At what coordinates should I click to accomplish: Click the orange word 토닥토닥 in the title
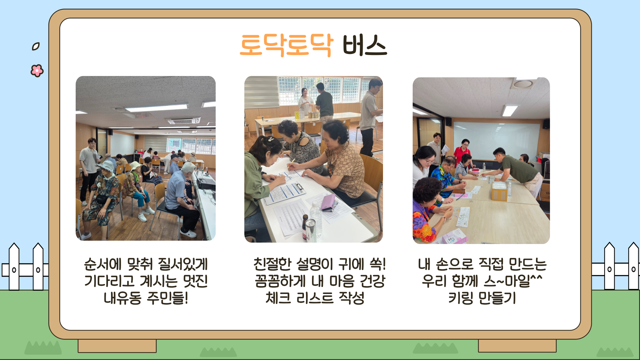[x=286, y=45]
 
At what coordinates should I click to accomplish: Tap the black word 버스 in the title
[x=365, y=45]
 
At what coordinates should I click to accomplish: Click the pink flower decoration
[x=37, y=70]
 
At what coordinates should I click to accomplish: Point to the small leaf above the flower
[x=36, y=46]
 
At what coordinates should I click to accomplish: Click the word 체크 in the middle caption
[x=278, y=298]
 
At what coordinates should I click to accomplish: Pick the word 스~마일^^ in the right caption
[x=513, y=281]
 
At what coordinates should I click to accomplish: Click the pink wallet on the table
[x=328, y=202]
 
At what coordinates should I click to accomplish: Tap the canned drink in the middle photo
[x=311, y=230]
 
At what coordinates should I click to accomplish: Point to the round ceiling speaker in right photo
[x=523, y=84]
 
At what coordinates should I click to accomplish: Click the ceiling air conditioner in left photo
[x=184, y=121]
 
